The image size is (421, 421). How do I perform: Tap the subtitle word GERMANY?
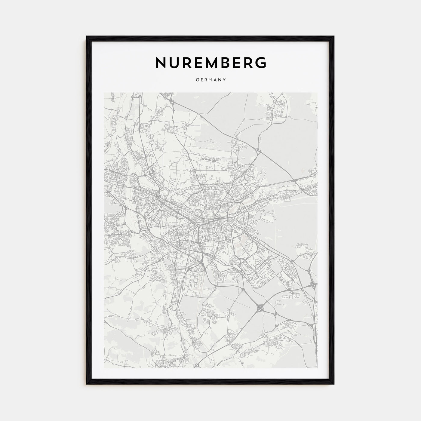pyautogui.click(x=210, y=80)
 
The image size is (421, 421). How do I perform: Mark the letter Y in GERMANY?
pyautogui.click(x=224, y=80)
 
